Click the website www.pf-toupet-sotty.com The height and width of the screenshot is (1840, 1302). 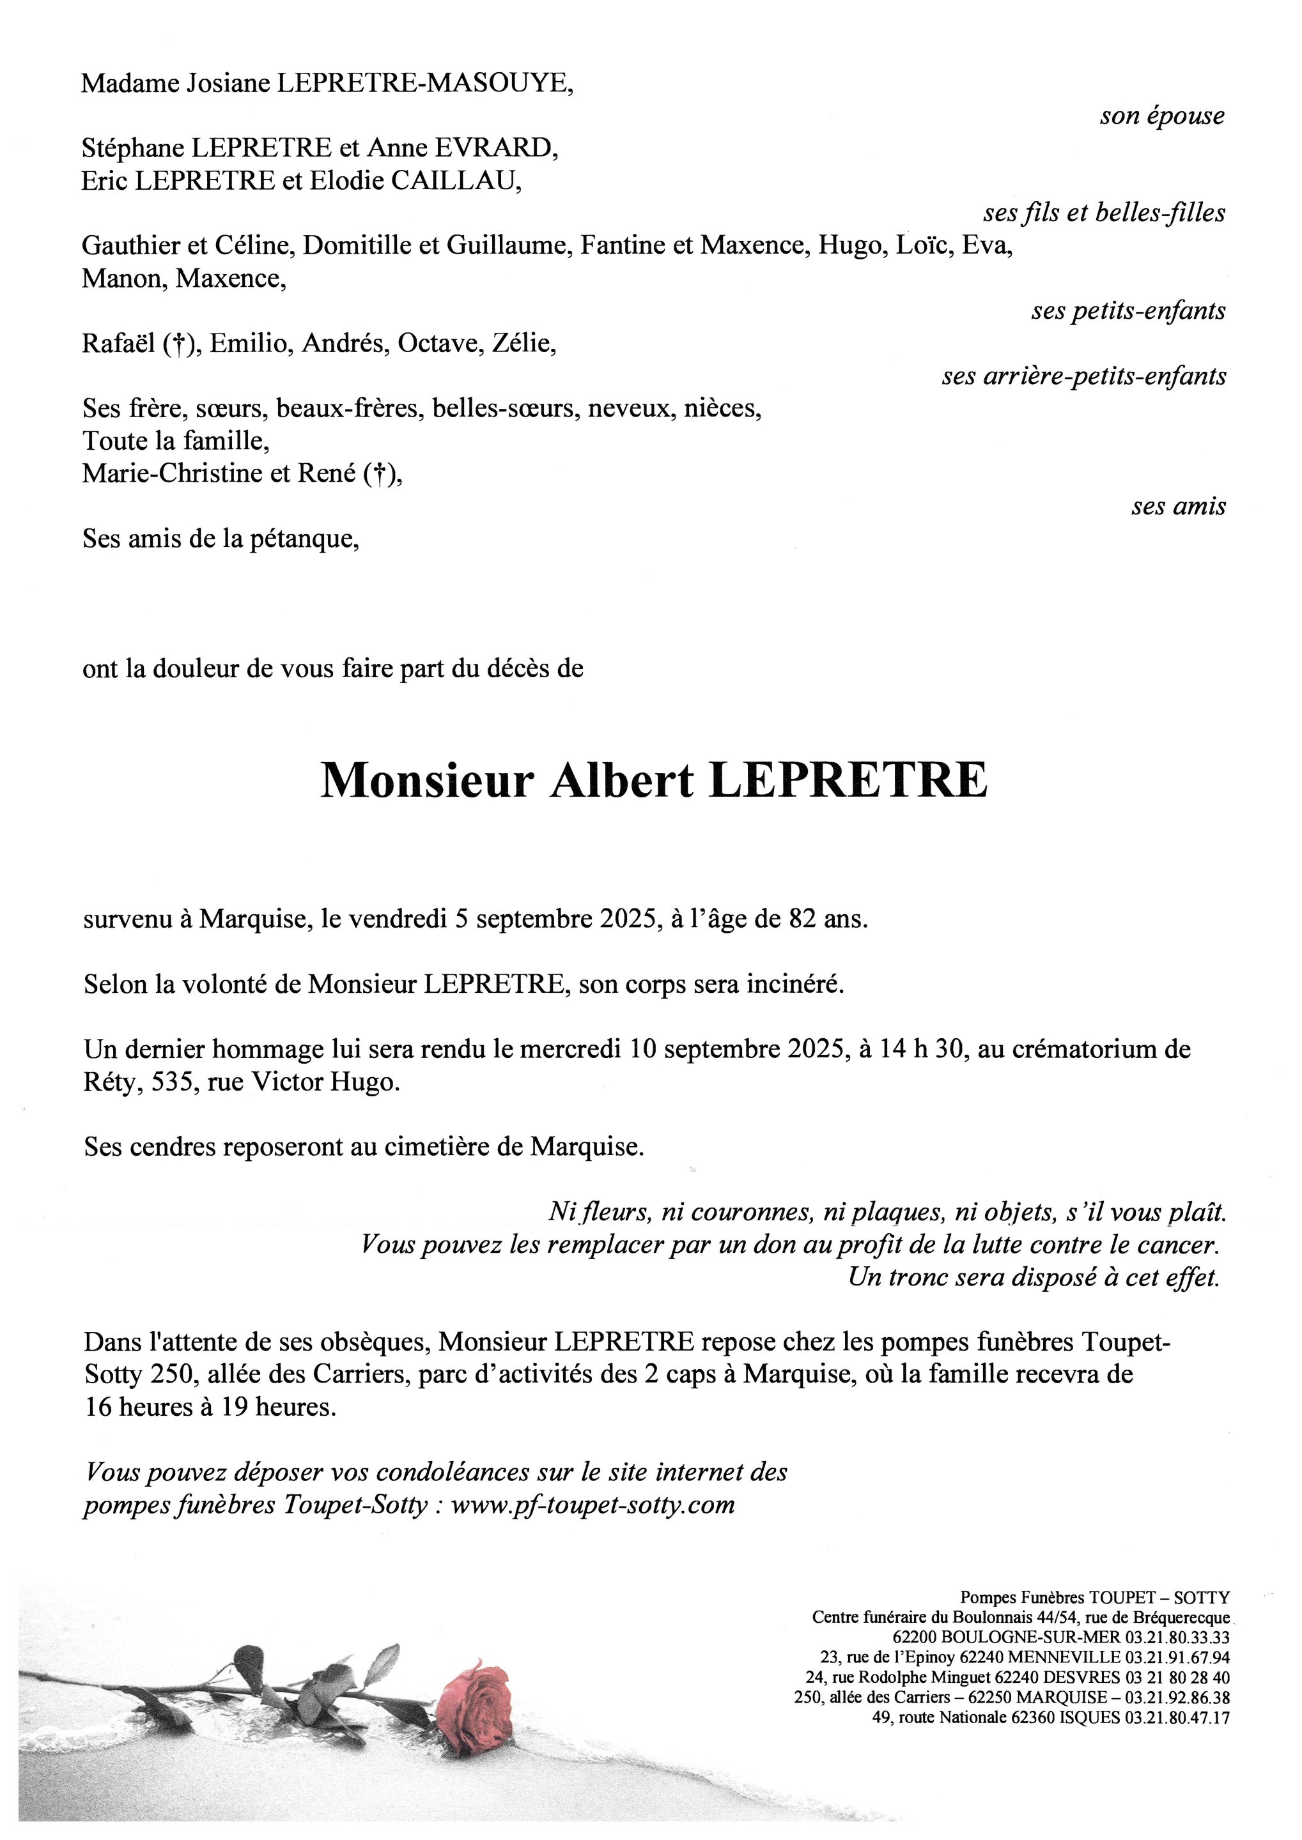pos(593,1506)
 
